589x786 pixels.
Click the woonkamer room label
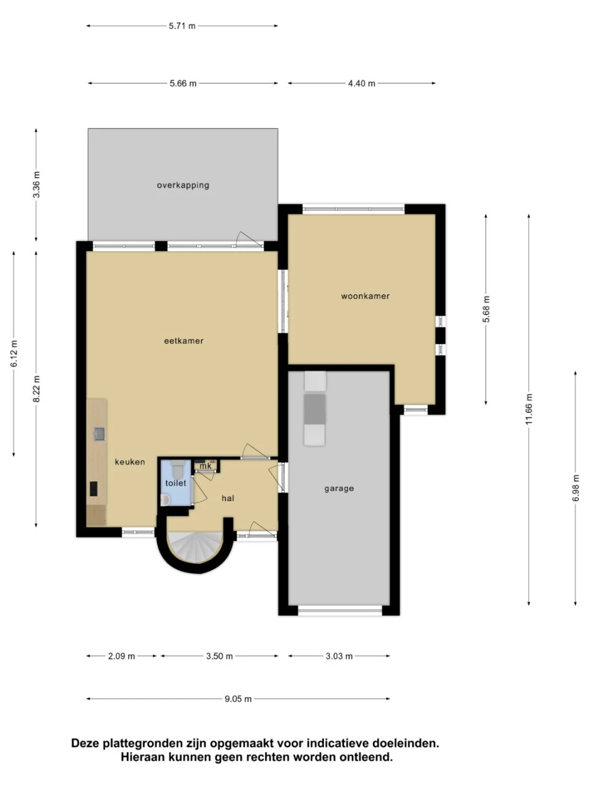point(365,296)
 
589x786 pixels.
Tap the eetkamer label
point(183,341)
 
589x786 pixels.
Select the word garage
point(339,489)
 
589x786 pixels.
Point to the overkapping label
point(183,185)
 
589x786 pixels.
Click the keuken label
point(130,462)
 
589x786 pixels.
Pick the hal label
point(228,498)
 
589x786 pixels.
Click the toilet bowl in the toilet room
point(177,470)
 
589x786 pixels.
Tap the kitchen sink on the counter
point(99,434)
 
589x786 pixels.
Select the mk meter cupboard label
point(206,466)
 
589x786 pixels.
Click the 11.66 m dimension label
point(529,410)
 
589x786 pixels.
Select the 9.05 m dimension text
point(238,699)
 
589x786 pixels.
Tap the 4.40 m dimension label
point(361,84)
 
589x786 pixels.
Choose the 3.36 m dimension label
point(36,184)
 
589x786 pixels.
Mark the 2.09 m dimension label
point(121,656)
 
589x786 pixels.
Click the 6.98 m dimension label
point(576,489)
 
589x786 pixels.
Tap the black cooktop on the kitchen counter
point(94,489)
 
